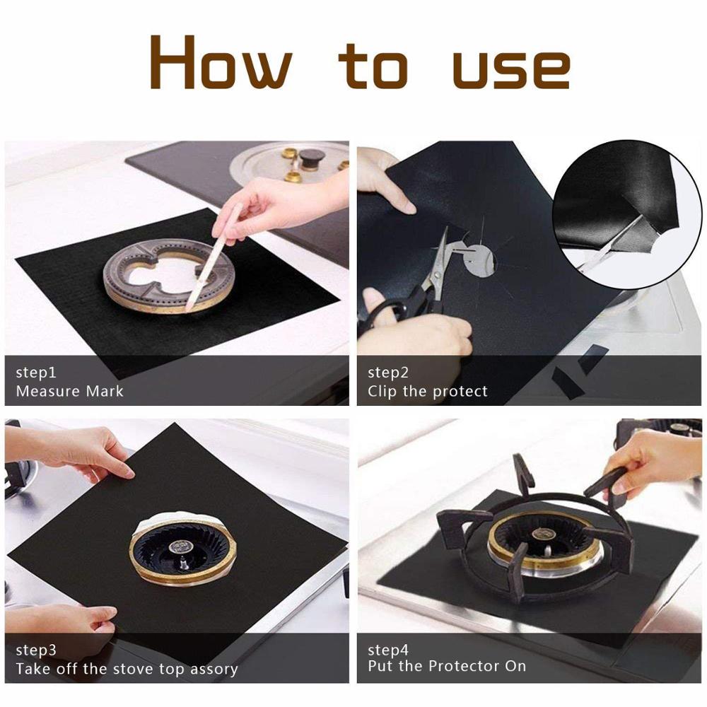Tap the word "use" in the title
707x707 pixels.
(x=510, y=69)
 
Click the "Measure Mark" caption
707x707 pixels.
(x=69, y=391)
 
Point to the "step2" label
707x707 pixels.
(x=388, y=373)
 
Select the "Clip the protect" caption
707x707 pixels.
(x=427, y=391)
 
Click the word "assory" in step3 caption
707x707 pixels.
(x=210, y=669)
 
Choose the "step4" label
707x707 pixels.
(x=388, y=650)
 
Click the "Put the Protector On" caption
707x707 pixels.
(x=447, y=666)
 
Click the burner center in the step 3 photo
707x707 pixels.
(x=182, y=549)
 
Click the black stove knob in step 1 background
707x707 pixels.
(x=310, y=158)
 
